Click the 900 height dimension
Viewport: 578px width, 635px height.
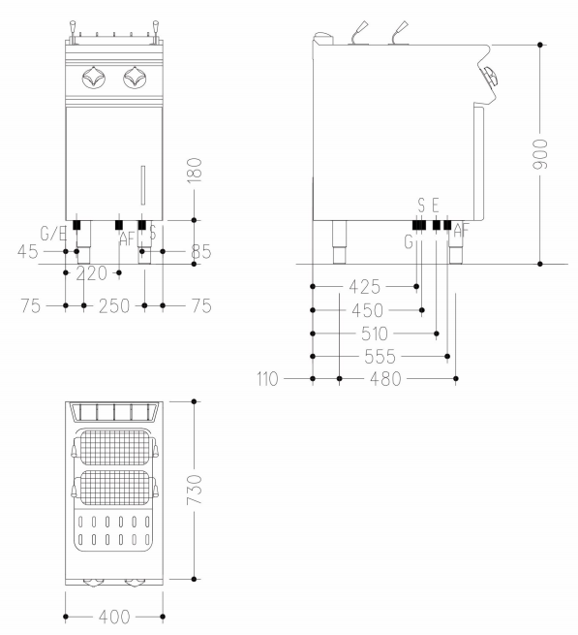coord(540,154)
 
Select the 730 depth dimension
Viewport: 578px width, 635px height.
coord(195,490)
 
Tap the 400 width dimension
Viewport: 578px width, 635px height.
coord(114,617)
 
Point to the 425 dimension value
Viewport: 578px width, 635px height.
coord(365,287)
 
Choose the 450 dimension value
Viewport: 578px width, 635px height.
coord(367,310)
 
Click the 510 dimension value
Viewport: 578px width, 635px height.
coord(375,334)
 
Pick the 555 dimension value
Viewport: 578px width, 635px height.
coord(380,357)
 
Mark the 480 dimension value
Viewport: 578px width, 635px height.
coord(385,379)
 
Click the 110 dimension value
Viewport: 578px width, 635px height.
coord(267,379)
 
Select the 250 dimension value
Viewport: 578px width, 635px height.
coord(114,305)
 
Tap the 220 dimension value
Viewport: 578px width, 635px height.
coord(91,273)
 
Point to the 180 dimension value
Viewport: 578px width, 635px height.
coord(195,171)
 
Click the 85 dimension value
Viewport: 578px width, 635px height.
coord(201,252)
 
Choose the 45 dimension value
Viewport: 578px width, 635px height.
coord(28,252)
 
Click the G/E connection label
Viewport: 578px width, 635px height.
coord(53,234)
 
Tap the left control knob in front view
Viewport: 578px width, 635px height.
coord(94,78)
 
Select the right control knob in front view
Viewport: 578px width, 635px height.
coord(135,78)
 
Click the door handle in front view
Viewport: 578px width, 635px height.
coord(142,185)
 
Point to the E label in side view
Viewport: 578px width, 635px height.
coord(436,206)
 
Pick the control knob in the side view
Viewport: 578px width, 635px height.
coord(490,77)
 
